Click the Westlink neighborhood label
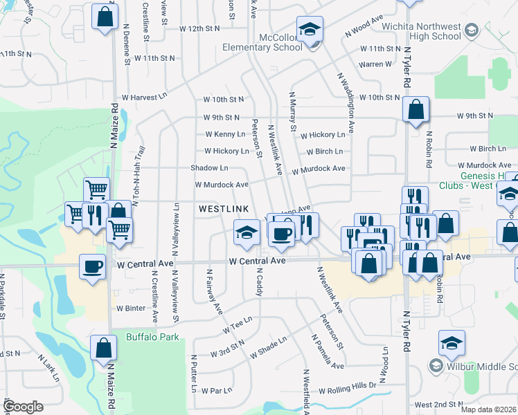point(224,208)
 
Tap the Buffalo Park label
point(152,338)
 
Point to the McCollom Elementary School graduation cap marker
point(310,30)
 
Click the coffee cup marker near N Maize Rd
point(92,266)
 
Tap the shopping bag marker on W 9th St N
point(415,110)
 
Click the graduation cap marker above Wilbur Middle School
point(452,343)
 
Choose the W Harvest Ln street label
point(145,98)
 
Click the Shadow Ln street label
point(210,168)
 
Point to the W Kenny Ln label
point(225,134)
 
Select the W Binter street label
point(132,308)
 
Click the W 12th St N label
point(199,28)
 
